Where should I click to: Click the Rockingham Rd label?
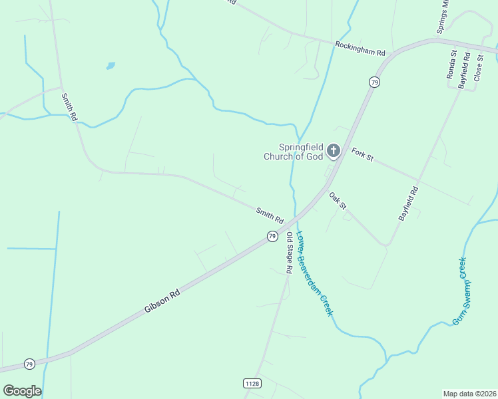pos(360,48)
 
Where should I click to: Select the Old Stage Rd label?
pos(290,253)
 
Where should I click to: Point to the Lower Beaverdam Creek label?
pos(314,273)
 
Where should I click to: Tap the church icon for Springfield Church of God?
pos(334,152)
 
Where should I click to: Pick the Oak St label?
pos(338,201)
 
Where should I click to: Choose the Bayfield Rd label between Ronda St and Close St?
pos(464,71)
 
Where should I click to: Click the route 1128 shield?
pos(252,383)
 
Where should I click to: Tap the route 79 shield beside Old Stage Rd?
pos(272,236)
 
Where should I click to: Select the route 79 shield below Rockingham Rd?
pos(375,82)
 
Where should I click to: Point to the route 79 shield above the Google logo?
pos(29,364)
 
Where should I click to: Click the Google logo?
pos(22,390)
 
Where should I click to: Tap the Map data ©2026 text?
pos(469,394)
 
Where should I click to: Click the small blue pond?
pos(110,66)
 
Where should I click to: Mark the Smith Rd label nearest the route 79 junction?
pos(270,215)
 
